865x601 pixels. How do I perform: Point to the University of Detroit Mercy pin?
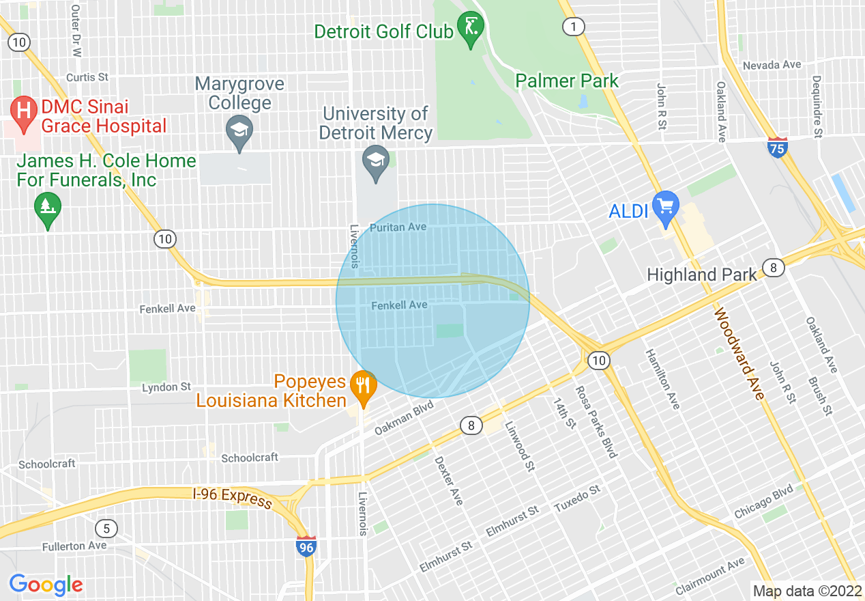pos(375,163)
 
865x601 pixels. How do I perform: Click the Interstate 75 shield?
pos(777,147)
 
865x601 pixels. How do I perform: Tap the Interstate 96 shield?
pos(306,546)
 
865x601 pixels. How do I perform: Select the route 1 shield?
pos(573,27)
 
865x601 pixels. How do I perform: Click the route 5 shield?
pos(106,528)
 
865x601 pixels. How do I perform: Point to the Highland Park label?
pos(701,275)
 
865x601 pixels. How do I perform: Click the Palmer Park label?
pos(566,81)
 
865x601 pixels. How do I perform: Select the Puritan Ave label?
pos(397,227)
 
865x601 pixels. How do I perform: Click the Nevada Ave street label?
pos(772,65)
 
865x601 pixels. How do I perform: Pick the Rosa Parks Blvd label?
pos(595,422)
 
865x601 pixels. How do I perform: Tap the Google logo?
pos(46,585)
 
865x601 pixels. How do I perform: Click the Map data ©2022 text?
pos(807,591)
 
